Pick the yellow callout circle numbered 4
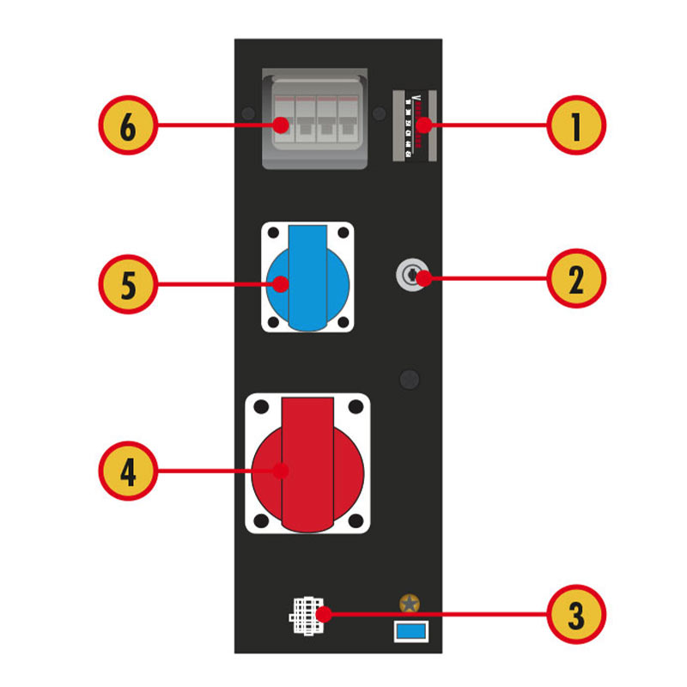[x=128, y=471]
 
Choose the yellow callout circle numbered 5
[x=128, y=284]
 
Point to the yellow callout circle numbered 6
[x=128, y=126]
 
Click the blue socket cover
[x=307, y=277]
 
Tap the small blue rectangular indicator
[x=410, y=632]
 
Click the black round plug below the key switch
[x=410, y=379]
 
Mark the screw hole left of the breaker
[x=248, y=113]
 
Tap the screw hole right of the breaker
[x=379, y=113]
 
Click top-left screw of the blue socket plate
[x=273, y=233]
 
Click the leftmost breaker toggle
[x=284, y=125]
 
